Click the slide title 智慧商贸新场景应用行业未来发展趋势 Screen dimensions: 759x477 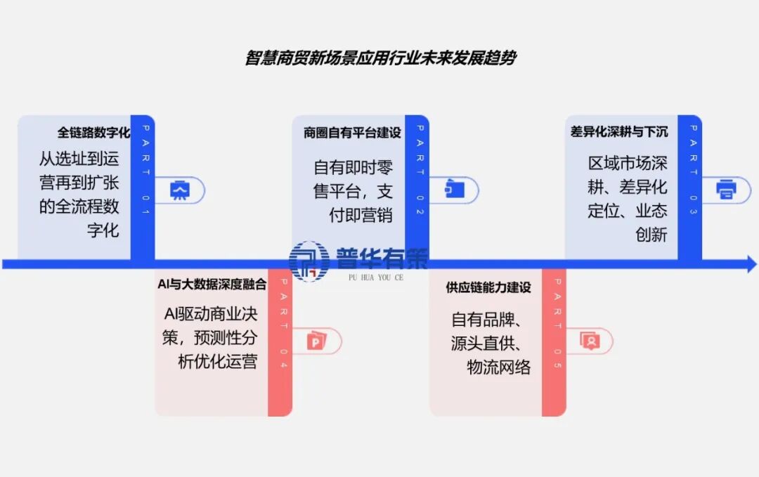pyautogui.click(x=379, y=58)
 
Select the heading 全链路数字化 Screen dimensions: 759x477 pyautogui.click(x=94, y=132)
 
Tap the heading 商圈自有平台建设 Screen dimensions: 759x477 pyautogui.click(x=352, y=132)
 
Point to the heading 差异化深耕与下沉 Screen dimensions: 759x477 pyautogui.click(x=619, y=131)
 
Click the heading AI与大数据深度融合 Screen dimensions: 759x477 pyautogui.click(x=212, y=285)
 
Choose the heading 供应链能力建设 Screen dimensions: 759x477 pyautogui.click(x=488, y=287)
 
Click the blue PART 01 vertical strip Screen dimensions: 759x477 pyautogui.click(x=143, y=186)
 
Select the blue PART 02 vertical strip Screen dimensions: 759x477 pyautogui.click(x=417, y=186)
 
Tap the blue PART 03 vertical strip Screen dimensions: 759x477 pyautogui.click(x=691, y=186)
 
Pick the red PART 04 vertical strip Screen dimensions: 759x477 pyautogui.click(x=280, y=342)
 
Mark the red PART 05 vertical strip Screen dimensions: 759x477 pyautogui.click(x=554, y=342)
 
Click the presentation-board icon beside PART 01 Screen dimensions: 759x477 pyautogui.click(x=181, y=190)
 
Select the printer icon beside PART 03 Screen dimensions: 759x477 pyautogui.click(x=726, y=189)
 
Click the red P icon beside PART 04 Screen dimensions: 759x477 pyautogui.click(x=316, y=342)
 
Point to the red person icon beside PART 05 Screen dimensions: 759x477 pyautogui.click(x=590, y=342)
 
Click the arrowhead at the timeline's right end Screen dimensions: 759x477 pyautogui.click(x=751, y=265)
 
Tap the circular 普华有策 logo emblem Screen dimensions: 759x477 pyautogui.click(x=309, y=260)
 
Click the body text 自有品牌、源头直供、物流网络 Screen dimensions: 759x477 pyautogui.click(x=490, y=343)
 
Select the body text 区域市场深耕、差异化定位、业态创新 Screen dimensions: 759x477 pyautogui.click(x=628, y=199)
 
